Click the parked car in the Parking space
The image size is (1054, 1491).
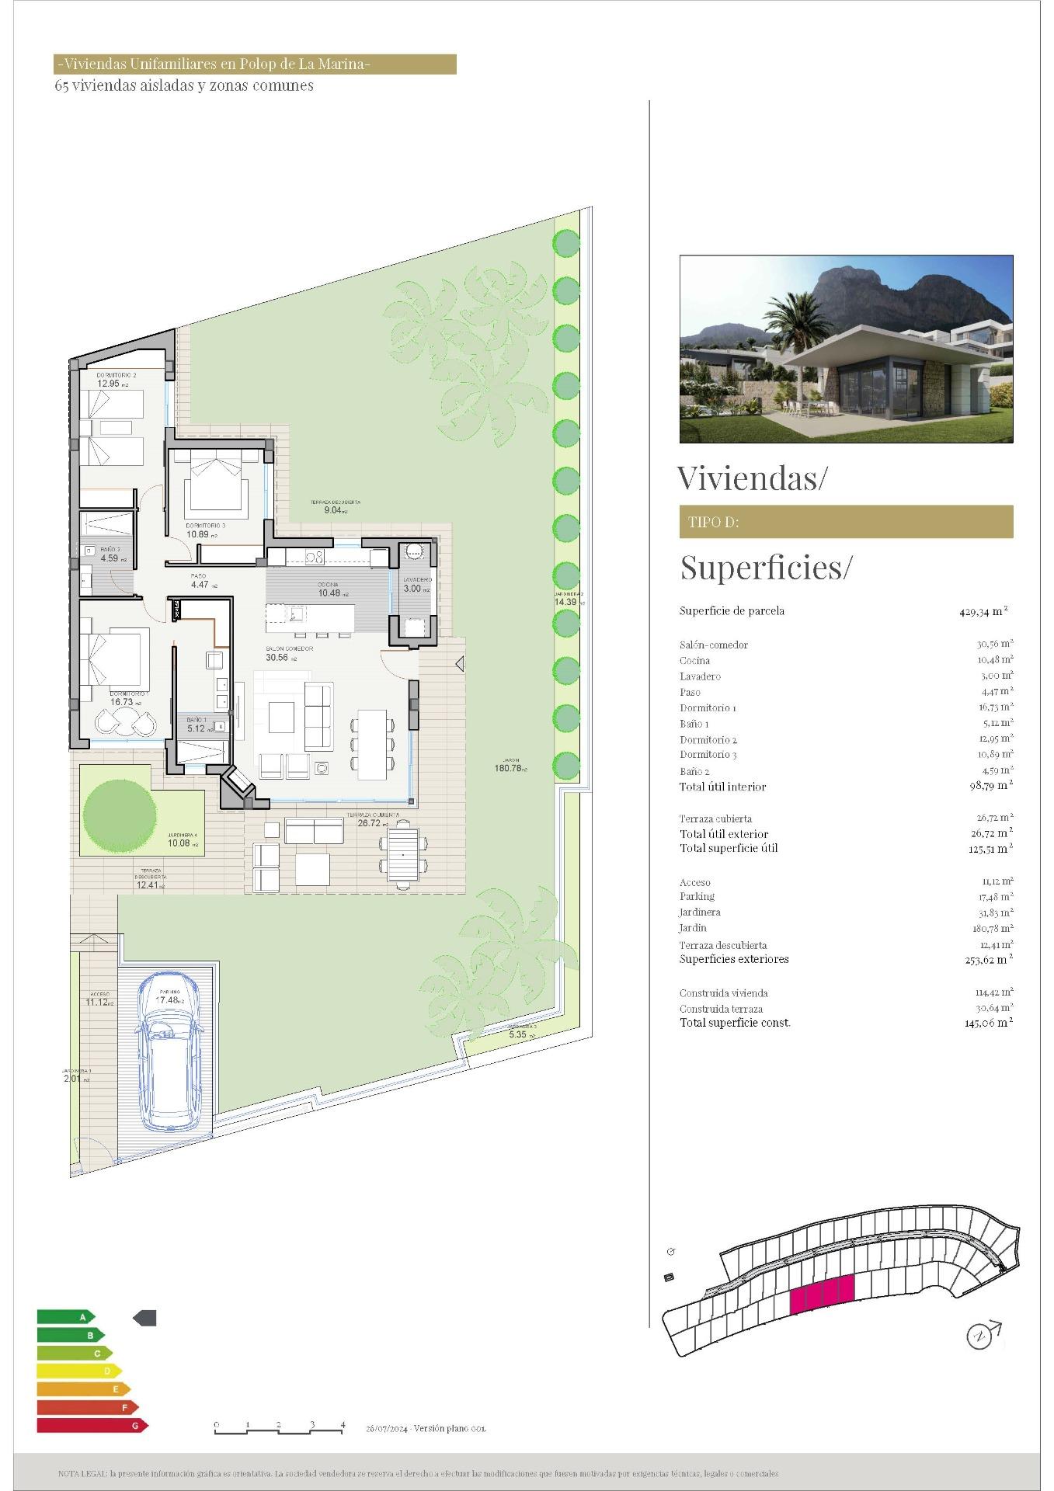169,1059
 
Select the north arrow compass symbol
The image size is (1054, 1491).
981,1335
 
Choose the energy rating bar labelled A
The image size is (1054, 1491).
65,1317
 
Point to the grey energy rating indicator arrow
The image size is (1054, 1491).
145,1318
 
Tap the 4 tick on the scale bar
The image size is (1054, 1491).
343,1424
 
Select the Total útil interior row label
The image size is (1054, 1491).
722,787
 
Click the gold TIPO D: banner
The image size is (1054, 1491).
846,522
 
